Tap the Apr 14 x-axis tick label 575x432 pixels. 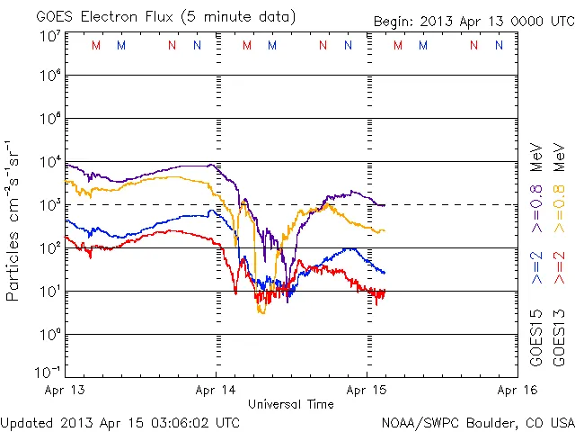click(x=217, y=391)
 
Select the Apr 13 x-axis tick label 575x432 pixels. click(x=66, y=391)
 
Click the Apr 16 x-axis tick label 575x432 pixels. click(x=516, y=391)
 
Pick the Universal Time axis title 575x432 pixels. click(x=291, y=404)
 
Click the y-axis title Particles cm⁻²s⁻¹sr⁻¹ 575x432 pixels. click(x=14, y=220)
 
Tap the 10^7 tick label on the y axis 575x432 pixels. click(x=49, y=34)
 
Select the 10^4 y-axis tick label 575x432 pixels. click(x=49, y=162)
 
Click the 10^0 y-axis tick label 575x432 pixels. click(x=49, y=334)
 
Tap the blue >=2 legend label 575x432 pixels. click(x=537, y=267)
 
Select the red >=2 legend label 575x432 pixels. click(x=560, y=267)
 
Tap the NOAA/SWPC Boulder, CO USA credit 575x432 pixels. click(x=477, y=421)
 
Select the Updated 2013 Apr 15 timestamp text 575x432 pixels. click(x=120, y=421)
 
